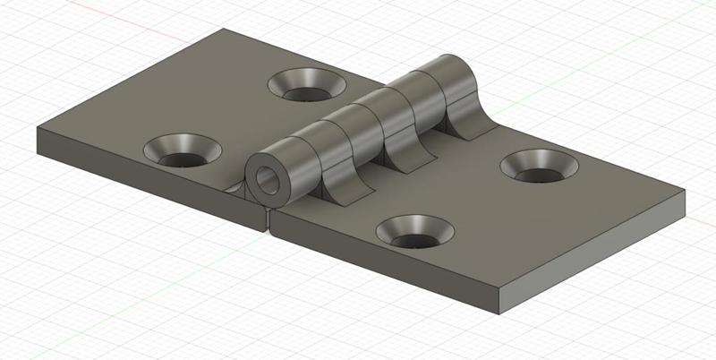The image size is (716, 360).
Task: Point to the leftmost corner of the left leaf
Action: coord(37,131)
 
